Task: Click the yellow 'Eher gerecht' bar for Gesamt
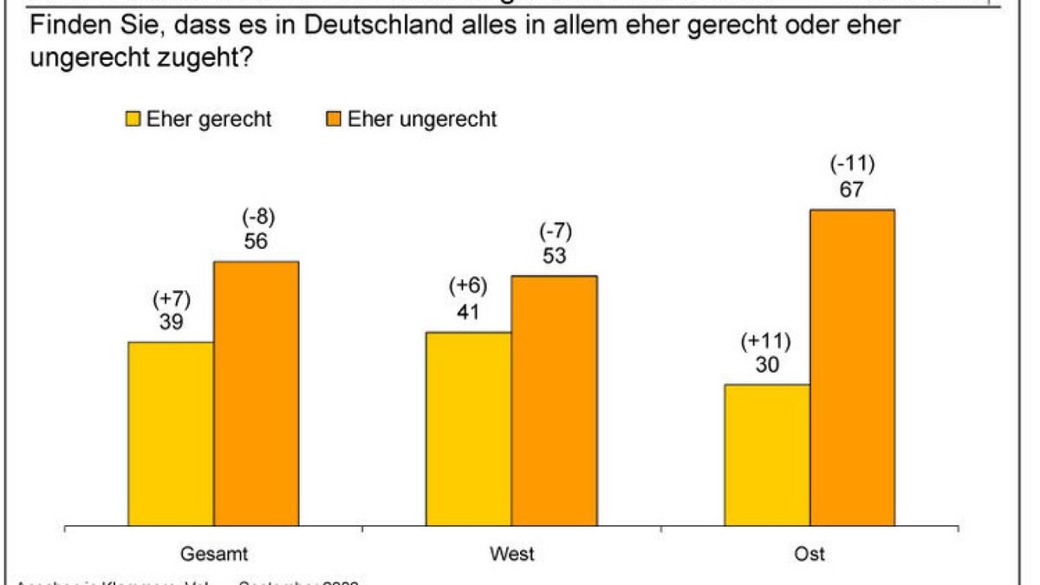click(x=171, y=433)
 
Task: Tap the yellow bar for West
click(x=468, y=428)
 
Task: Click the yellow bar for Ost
click(x=767, y=454)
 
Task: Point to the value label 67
click(x=852, y=190)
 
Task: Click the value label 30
click(x=767, y=365)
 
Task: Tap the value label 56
click(x=256, y=242)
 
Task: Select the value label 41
click(x=468, y=311)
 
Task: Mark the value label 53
click(x=554, y=257)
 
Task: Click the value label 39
click(x=171, y=322)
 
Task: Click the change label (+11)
click(x=767, y=341)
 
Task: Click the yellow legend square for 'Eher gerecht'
click(x=134, y=120)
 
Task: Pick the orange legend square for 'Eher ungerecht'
click(x=333, y=120)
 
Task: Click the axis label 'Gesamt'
click(x=208, y=553)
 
